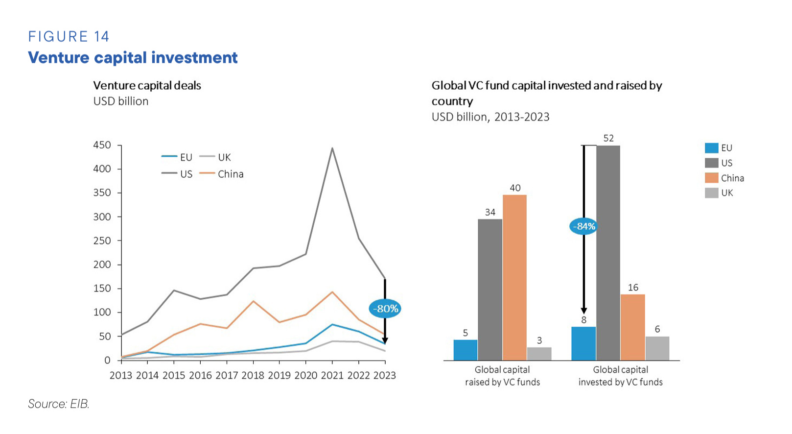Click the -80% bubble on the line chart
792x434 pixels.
[385, 309]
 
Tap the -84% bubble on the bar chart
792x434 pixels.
[583, 226]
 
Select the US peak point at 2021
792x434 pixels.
[332, 148]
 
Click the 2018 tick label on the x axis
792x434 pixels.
[253, 376]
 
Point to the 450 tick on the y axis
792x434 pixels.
[102, 145]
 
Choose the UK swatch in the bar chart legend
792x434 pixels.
[711, 193]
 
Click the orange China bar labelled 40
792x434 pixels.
[514, 277]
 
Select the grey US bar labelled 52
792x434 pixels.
[608, 253]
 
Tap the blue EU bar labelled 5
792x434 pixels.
[465, 350]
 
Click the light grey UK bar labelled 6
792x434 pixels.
[657, 348]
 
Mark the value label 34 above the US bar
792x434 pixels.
[490, 213]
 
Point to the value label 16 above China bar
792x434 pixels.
[633, 288]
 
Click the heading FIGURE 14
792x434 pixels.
[69, 37]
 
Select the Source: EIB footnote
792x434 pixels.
[59, 404]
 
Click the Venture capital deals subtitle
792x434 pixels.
[147, 86]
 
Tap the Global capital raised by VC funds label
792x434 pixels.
[502, 376]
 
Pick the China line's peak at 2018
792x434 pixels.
[253, 301]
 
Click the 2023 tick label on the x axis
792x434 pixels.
[385, 376]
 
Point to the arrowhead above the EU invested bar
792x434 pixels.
[583, 311]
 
